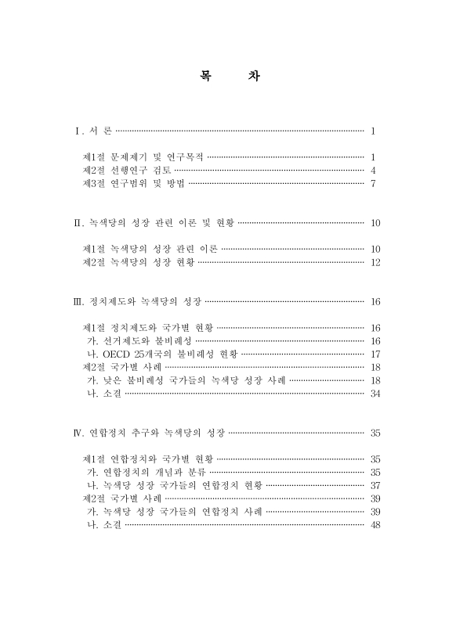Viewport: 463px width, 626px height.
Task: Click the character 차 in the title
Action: coord(256,77)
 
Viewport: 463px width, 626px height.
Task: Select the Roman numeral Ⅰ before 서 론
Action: coord(75,131)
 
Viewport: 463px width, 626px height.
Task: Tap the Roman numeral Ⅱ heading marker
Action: coord(76,223)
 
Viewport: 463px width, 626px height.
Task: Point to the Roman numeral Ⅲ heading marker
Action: coord(76,301)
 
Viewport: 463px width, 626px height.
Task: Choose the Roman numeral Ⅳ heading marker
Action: coord(76,432)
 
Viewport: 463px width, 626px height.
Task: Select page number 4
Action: coord(374,170)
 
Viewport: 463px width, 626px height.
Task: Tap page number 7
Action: coord(374,183)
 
